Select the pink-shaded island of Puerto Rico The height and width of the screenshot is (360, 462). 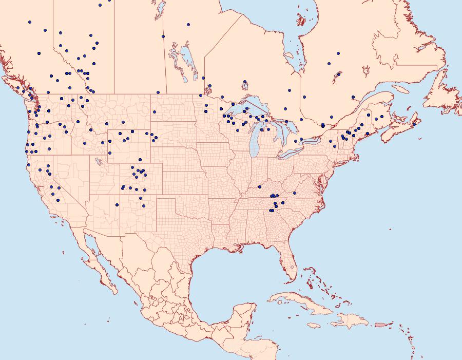click(x=380, y=324)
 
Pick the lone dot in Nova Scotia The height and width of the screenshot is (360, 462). click(x=414, y=124)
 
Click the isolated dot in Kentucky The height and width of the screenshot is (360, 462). click(x=260, y=187)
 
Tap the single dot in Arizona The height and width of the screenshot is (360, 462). click(x=117, y=205)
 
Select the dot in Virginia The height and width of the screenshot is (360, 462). click(x=295, y=194)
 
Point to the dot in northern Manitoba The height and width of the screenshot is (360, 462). click(x=188, y=24)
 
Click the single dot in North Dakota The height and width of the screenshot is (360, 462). click(x=153, y=112)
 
